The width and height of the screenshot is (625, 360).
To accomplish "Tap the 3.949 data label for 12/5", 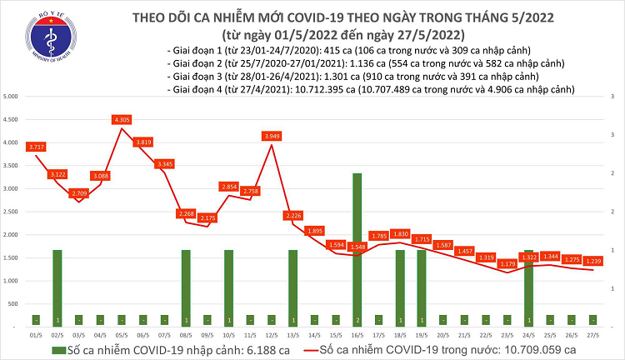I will [x=272, y=135].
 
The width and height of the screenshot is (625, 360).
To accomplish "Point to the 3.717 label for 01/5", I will [x=36, y=147].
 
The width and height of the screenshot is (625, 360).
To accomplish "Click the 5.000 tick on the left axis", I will [x=11, y=97].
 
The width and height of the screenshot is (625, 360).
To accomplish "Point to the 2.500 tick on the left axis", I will [x=11, y=212].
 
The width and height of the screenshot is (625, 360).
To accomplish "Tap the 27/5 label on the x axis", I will [x=592, y=333].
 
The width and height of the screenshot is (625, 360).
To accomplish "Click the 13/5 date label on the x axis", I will [x=292, y=333].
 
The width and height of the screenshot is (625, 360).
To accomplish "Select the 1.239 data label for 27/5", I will [x=592, y=261].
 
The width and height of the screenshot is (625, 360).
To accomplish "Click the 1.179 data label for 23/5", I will [x=507, y=264].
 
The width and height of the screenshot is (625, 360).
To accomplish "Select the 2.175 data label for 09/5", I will [x=207, y=218].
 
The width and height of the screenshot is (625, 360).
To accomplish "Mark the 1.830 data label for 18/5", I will [x=400, y=234].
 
